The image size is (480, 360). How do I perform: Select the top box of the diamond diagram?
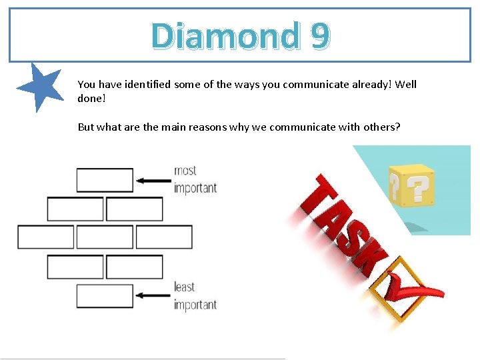(x=105, y=180)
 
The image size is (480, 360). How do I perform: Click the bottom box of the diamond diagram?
(x=105, y=296)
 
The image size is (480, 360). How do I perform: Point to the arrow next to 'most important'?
(x=153, y=180)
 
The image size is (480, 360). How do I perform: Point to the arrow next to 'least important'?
(x=153, y=295)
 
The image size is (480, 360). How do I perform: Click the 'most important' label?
(x=195, y=179)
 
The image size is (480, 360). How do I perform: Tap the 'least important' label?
(x=195, y=295)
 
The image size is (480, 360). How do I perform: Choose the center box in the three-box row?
(x=105, y=237)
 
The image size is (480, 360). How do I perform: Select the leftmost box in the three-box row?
(x=45, y=237)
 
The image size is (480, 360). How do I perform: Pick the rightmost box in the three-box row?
(x=164, y=237)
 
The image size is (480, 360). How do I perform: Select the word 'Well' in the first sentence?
(x=406, y=84)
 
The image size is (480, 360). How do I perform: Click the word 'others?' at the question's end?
(x=382, y=127)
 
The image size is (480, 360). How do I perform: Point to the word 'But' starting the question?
(x=86, y=127)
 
